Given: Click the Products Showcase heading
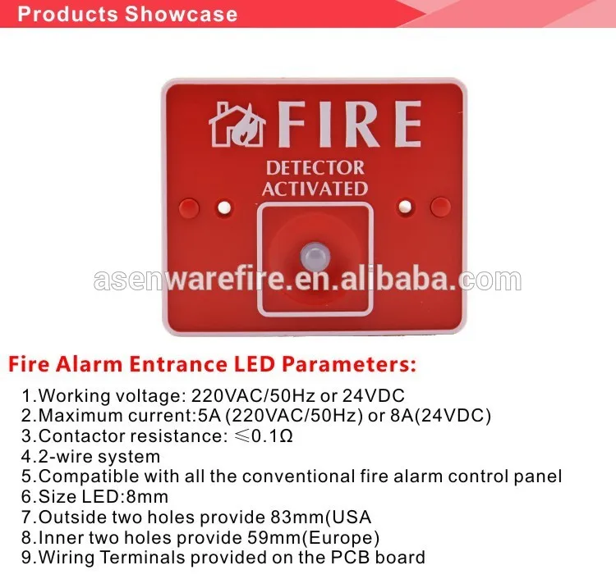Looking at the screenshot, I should coord(127,14).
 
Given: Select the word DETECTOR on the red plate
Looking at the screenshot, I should coord(315,168).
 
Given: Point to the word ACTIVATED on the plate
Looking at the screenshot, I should coord(315,189).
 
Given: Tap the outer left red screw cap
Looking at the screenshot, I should coord(189,205).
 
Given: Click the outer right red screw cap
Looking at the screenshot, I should coord(440,205).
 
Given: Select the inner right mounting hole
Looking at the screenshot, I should coord(406,206).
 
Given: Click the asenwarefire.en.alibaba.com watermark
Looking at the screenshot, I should coord(307,280).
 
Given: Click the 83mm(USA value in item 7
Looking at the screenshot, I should coord(321,517).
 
